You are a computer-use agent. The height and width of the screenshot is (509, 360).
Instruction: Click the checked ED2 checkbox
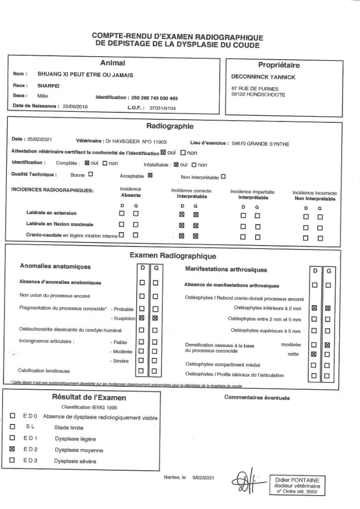click(x=12, y=449)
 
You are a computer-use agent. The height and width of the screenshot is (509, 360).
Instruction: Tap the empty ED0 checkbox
click(x=12, y=416)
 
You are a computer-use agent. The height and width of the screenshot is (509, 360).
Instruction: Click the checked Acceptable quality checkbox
click(x=150, y=175)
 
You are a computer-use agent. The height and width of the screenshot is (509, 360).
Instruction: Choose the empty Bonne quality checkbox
click(x=90, y=174)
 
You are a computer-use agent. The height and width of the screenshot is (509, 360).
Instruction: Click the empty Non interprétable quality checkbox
click(x=223, y=176)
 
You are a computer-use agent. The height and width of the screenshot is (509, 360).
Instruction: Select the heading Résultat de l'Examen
click(x=89, y=398)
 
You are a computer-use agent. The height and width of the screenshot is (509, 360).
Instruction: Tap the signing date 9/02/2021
click(x=202, y=478)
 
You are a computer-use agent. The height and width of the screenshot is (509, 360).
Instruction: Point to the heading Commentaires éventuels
click(x=257, y=397)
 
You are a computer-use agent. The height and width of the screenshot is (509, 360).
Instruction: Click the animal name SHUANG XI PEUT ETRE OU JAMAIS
click(x=86, y=74)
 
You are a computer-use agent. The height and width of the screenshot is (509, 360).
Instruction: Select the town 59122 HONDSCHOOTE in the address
click(x=259, y=94)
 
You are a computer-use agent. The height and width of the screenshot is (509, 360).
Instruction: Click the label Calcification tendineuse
click(x=44, y=371)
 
